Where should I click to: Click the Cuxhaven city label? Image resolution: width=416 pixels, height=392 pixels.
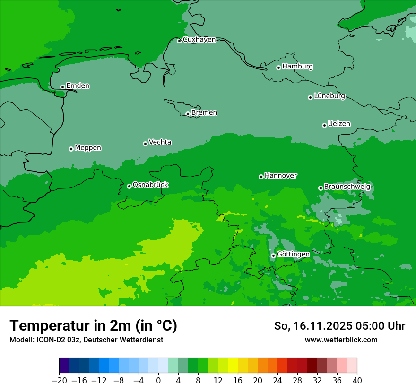199,40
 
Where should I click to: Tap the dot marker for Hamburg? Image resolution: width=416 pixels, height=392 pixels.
278,68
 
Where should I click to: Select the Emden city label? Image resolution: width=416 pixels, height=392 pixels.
78,86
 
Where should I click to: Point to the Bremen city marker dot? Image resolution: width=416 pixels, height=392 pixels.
188,114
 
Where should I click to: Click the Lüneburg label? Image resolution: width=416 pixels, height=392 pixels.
329,96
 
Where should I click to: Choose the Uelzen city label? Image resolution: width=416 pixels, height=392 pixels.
339,124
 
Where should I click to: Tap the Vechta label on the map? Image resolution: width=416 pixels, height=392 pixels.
160,142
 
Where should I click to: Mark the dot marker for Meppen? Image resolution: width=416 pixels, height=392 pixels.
71,149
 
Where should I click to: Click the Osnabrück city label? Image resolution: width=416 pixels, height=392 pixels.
150,185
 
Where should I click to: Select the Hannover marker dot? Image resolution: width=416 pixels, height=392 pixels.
261,177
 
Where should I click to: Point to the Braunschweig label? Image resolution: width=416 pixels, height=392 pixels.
347,187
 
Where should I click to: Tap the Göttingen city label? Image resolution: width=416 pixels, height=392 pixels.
293,255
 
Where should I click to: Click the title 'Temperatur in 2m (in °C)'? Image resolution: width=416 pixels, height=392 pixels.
93,326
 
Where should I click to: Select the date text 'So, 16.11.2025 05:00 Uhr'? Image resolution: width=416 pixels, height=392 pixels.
339,326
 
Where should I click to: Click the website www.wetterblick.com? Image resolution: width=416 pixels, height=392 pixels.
341,340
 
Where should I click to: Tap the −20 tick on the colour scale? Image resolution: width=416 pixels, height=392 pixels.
60,381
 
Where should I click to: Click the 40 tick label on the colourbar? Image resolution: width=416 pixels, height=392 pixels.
357,381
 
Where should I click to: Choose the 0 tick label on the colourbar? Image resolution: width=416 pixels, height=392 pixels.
158,381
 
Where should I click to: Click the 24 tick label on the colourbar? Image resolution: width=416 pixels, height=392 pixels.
277,381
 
